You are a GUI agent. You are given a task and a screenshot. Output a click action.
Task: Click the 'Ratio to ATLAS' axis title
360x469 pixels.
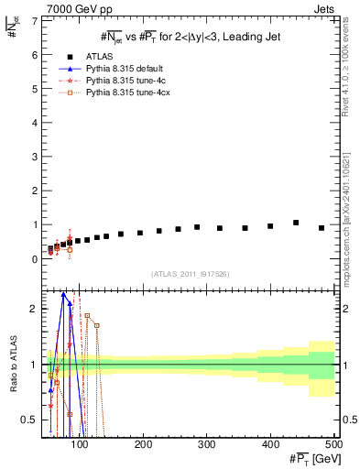pyautogui.click(x=11, y=365)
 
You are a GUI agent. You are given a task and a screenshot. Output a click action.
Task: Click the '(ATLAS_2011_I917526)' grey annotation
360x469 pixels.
pyautogui.click(x=190, y=273)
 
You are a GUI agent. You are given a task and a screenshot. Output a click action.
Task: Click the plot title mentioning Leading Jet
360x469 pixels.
pyautogui.click(x=190, y=36)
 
